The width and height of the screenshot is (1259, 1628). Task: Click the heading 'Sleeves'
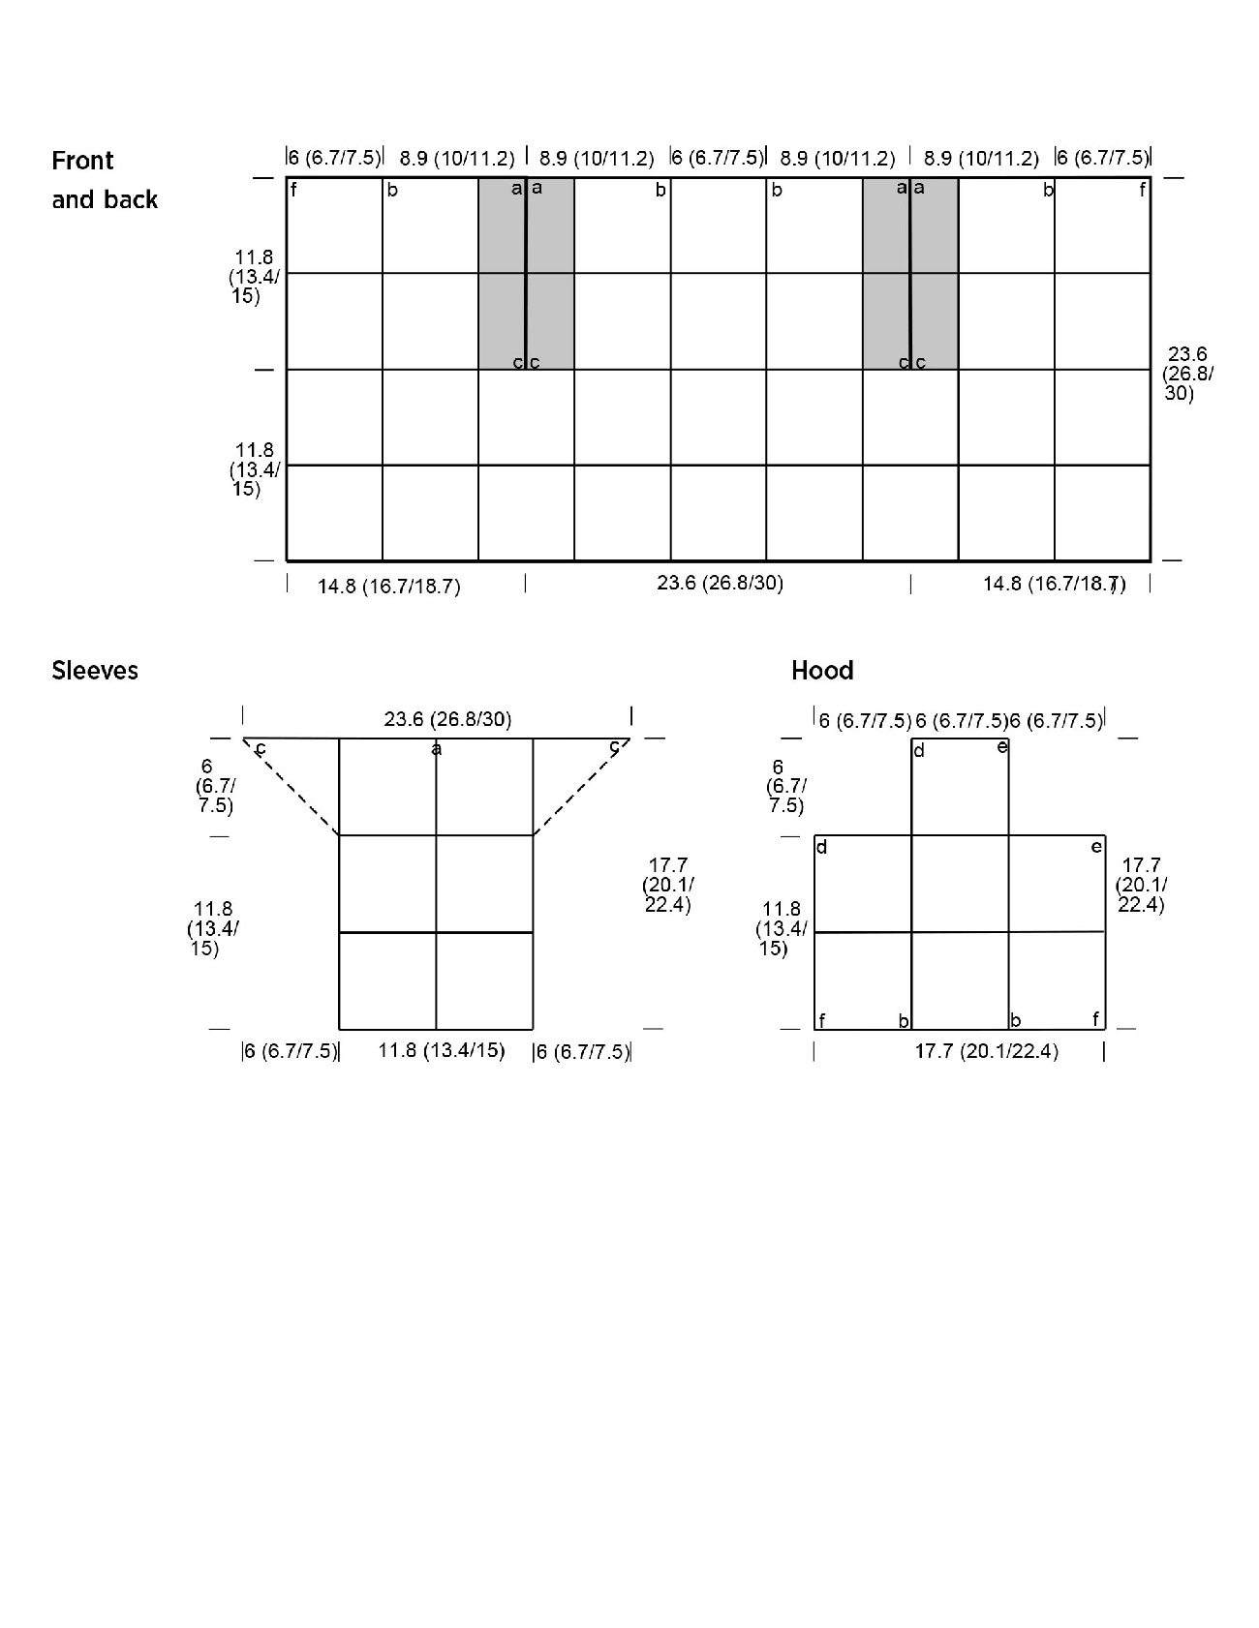(x=95, y=671)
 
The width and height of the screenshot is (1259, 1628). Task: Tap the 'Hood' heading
(x=822, y=671)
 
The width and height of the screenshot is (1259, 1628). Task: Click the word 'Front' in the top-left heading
(x=82, y=161)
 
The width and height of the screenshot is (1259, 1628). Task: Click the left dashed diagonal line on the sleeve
(x=291, y=787)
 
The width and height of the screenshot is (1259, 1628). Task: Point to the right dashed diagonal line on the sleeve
(x=581, y=787)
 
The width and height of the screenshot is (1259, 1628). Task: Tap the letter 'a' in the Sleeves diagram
(x=437, y=749)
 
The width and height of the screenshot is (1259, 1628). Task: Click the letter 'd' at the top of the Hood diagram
(x=919, y=751)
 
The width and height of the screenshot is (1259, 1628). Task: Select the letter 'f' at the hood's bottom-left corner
(x=822, y=1020)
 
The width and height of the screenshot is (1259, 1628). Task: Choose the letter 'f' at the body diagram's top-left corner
(x=293, y=190)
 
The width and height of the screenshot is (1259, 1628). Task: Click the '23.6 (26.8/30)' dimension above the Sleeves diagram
(x=447, y=719)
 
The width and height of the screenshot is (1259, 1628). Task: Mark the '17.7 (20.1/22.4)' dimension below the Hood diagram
(x=987, y=1051)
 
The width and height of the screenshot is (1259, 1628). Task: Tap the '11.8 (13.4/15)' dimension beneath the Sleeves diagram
(x=442, y=1050)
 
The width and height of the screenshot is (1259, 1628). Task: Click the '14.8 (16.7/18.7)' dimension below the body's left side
(x=389, y=587)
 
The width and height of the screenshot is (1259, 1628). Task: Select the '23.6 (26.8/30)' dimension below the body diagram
(x=721, y=583)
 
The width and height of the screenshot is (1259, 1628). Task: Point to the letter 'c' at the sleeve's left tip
(x=261, y=749)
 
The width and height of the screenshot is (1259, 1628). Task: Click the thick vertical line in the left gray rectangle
(x=526, y=273)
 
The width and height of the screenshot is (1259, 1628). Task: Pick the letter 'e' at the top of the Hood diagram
(x=1002, y=746)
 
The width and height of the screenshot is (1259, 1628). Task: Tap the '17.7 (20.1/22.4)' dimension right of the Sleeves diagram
(x=667, y=885)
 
